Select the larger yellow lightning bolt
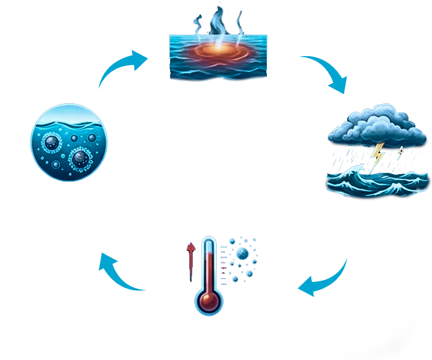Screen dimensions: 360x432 378,151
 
